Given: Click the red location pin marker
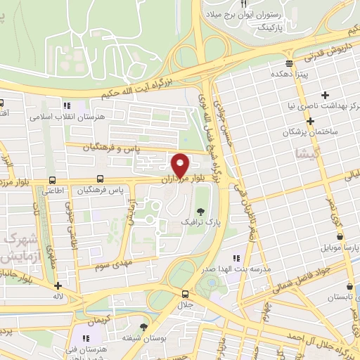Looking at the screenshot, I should point(180,165).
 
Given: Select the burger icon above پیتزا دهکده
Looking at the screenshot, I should point(288,60).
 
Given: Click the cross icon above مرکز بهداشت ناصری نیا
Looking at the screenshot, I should point(325,95).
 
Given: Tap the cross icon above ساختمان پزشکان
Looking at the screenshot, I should point(309,120).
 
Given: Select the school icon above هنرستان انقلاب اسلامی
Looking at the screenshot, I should point(67,105).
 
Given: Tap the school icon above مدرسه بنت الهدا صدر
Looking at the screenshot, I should point(236,258).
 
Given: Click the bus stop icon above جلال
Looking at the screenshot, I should point(185,294).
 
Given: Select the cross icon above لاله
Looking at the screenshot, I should point(58,286).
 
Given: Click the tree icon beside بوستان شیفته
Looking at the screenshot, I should point(144,327).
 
